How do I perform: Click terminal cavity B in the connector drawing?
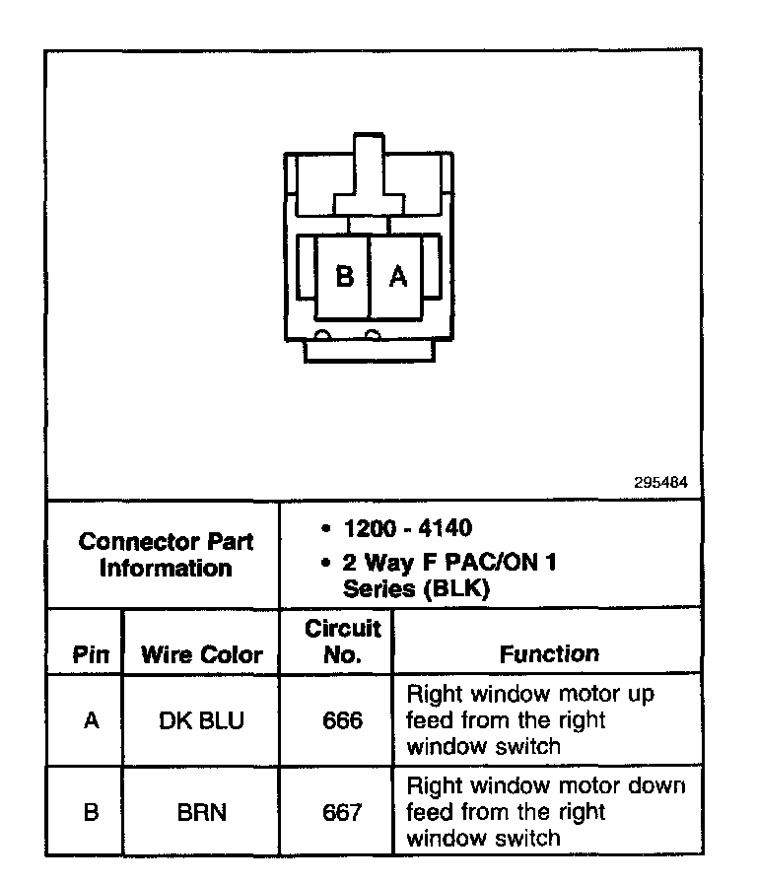pyautogui.click(x=343, y=277)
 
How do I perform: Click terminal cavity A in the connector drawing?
pyautogui.click(x=397, y=277)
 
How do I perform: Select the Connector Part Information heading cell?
pyautogui.click(x=166, y=555)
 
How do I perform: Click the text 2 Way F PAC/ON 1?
pyautogui.click(x=448, y=563)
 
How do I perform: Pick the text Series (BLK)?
pyautogui.click(x=416, y=589)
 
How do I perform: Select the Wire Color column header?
pyautogui.click(x=202, y=655)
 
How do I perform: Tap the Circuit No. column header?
pyautogui.click(x=342, y=641)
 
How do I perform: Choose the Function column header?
pyautogui.click(x=549, y=654)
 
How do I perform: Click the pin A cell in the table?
pyautogui.click(x=91, y=720)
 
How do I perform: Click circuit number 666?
pyautogui.click(x=342, y=720)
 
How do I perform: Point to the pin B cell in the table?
pyautogui.click(x=91, y=813)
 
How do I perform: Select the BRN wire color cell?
pyautogui.click(x=202, y=813)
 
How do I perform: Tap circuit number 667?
pyautogui.click(x=342, y=813)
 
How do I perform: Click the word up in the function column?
pyautogui.click(x=641, y=695)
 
